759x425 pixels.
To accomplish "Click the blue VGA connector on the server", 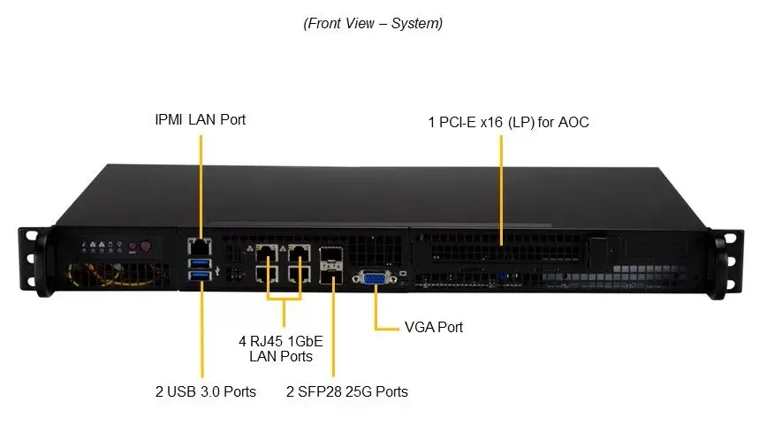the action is tap(376, 279).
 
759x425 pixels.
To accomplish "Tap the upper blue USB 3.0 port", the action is tap(200, 263).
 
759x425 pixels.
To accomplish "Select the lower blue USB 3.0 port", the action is tap(200, 276).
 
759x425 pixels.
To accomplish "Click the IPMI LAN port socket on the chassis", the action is tap(200, 247).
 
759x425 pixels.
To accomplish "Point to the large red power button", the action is tap(145, 246).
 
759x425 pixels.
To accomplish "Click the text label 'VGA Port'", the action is tap(434, 327).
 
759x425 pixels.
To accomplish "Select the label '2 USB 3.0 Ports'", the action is tap(206, 391).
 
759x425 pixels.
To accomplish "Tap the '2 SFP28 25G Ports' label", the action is tap(346, 391).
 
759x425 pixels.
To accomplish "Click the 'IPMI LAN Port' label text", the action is tap(200, 119).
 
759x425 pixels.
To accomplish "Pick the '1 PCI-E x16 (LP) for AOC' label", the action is tap(508, 122).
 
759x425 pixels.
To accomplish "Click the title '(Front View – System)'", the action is tap(373, 23).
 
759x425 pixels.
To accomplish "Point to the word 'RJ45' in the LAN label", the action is tap(266, 341).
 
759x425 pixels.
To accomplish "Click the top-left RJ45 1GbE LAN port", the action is tap(267, 254).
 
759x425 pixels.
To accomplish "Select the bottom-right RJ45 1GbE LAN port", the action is tap(300, 274).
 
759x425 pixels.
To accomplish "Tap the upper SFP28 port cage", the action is tap(331, 255).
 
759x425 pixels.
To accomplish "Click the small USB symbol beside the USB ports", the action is tap(217, 270).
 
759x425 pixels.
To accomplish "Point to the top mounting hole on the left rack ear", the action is tap(32, 236).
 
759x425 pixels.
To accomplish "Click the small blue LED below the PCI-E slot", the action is tap(502, 277).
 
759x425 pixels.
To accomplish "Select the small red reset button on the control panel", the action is tap(133, 247).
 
